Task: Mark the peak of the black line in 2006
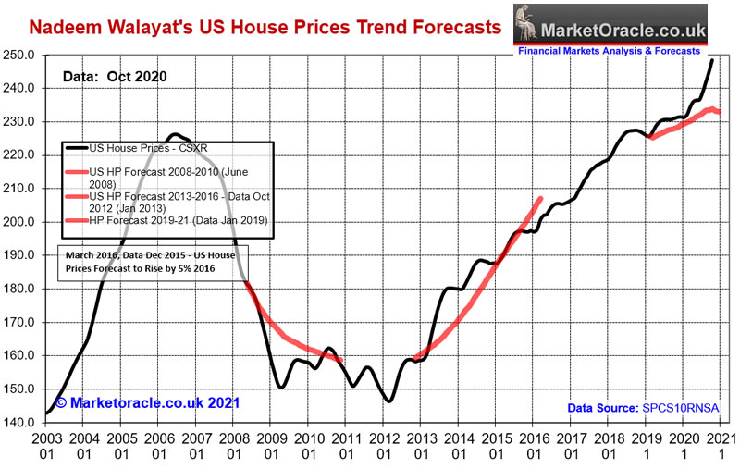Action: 177,134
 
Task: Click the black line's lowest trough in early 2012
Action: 389,401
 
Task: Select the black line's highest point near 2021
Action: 712,60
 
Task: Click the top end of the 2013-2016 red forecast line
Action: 541,198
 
